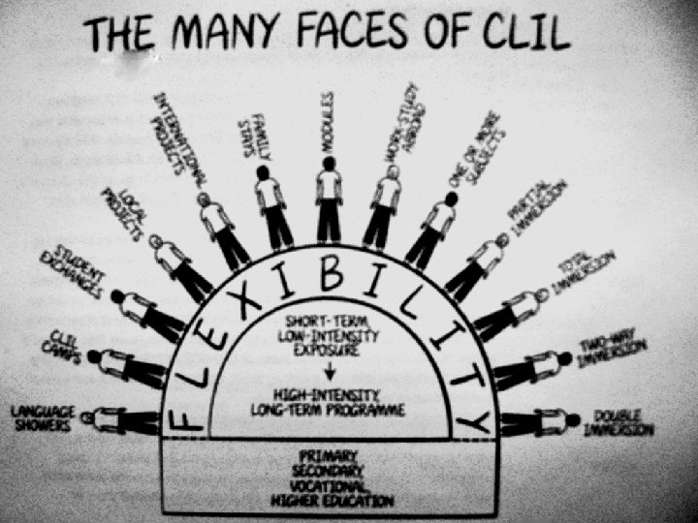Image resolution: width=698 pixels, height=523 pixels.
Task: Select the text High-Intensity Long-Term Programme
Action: [330, 401]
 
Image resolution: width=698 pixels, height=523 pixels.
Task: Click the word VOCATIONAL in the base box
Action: [330, 485]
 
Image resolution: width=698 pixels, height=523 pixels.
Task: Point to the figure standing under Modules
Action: [330, 203]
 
